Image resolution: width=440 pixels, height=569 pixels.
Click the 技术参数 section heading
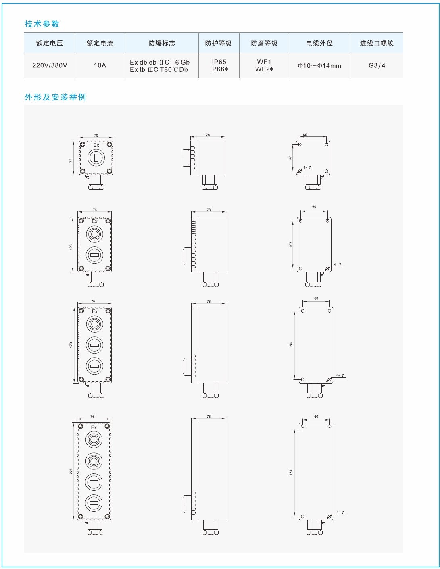42,24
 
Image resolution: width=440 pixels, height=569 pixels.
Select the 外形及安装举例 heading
55,97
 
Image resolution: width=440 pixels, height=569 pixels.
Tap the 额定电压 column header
50,43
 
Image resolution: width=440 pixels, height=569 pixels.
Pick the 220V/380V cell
50,65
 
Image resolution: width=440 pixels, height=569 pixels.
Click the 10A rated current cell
100,65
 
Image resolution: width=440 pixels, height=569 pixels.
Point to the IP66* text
219,69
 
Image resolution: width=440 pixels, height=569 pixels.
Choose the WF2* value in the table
264,69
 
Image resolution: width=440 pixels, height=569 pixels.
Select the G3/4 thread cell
377,65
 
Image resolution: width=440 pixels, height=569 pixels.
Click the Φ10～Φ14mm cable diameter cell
319,65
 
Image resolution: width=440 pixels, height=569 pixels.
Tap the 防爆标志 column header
162,43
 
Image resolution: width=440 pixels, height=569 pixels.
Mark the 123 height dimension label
71,247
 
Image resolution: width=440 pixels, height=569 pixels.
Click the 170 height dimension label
71,345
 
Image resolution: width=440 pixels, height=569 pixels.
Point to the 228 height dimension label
71,471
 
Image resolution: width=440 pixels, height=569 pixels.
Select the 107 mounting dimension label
290,244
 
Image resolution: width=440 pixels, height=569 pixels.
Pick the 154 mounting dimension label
290,345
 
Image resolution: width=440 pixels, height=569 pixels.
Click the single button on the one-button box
96,157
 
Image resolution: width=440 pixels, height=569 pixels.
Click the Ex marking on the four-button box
94,427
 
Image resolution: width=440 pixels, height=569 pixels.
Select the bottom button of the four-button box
94,503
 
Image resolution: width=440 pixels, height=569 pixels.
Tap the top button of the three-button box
94,324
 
